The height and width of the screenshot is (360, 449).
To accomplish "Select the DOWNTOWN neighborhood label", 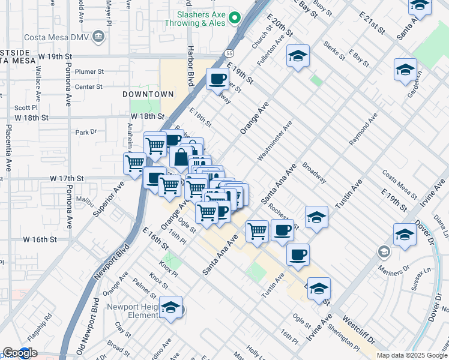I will click(x=148, y=94).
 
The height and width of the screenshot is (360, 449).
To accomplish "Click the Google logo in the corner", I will click(x=20, y=353).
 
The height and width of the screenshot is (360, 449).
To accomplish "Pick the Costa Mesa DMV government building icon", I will click(x=98, y=37).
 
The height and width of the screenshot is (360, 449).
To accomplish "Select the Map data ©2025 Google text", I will click(x=412, y=355).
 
